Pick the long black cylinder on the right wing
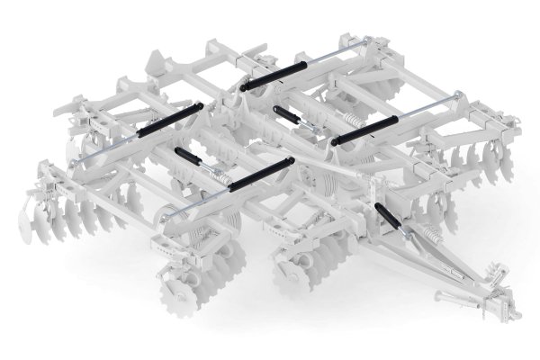pyautogui.click(x=369, y=130)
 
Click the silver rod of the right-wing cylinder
pyautogui.click(x=432, y=105)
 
